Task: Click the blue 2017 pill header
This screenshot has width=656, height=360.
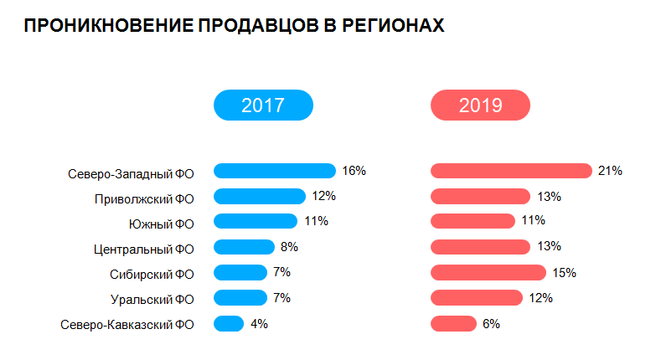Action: pos(263,105)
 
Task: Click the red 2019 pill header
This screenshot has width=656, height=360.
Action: pos(480,105)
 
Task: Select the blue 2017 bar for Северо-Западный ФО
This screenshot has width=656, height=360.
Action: pos(274,171)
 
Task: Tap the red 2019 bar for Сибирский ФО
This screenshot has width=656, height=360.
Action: pos(488,272)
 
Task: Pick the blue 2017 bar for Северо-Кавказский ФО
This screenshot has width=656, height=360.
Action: pos(229,324)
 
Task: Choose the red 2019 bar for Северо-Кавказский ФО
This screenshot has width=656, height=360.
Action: pos(453,324)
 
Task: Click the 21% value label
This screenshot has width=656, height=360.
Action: pos(609,171)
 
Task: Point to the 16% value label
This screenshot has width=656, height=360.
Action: pos(354,171)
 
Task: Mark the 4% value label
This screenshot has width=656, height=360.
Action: pos(259,324)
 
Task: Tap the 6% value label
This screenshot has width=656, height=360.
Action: pos(491,324)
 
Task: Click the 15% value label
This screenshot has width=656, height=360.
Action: pos(564,272)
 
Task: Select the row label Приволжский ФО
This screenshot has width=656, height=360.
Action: pos(144,199)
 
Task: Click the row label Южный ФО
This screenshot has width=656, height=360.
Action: pos(162,224)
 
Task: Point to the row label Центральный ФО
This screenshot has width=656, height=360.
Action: pos(144,249)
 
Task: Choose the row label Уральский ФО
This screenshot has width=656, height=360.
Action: pos(152,299)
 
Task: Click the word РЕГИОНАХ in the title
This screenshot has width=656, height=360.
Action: pos(393,27)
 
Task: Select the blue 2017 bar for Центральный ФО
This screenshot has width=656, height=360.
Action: pos(244,247)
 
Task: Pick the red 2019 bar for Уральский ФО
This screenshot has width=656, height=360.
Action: pos(476,298)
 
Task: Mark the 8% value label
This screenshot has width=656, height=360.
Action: pos(289,247)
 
